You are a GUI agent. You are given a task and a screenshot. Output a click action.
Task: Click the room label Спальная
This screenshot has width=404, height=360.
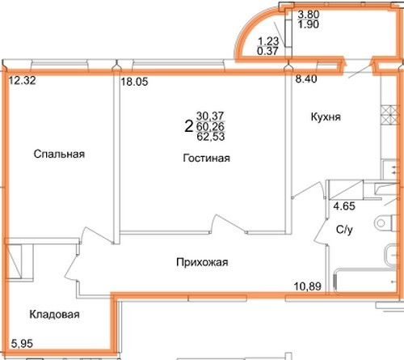coord(59,154)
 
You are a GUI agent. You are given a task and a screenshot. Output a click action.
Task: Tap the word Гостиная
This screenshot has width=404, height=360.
coord(207,158)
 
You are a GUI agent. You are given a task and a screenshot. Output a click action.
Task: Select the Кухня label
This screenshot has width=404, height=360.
coord(326,117)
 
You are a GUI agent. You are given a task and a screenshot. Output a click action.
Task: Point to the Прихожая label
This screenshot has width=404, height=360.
coord(202,262)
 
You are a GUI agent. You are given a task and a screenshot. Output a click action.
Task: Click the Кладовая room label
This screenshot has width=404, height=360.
coord(54,315)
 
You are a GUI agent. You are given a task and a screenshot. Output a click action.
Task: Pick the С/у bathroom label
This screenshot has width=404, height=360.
coord(344,230)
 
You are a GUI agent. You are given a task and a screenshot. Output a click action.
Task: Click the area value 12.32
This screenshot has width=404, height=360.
coord(23,80)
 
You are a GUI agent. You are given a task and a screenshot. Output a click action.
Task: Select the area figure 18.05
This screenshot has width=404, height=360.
coord(134,82)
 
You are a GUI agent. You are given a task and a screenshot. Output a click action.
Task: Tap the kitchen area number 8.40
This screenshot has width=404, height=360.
coord(306,79)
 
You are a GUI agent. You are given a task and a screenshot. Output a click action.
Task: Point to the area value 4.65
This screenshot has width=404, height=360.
coord(344,206)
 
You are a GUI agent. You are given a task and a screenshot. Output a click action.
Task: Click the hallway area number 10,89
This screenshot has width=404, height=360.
coord(308,286)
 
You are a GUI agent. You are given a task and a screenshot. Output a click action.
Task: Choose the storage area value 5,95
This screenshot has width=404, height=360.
coord(22,344)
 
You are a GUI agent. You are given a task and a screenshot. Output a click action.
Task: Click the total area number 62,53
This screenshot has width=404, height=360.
coord(211,137)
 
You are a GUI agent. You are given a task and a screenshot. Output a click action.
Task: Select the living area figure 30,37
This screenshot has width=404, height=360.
coord(210,116)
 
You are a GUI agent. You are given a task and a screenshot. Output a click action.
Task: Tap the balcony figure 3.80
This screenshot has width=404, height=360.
coord(309,14)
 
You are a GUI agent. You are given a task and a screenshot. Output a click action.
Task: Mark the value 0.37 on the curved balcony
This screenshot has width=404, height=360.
coord(267,51)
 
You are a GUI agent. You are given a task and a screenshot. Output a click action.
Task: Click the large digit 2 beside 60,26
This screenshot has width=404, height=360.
coord(189,126)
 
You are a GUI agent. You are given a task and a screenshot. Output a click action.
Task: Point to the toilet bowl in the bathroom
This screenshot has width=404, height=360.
coord(386,223)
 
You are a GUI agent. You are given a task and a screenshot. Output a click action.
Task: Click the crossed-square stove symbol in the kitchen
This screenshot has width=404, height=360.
coord(389,115)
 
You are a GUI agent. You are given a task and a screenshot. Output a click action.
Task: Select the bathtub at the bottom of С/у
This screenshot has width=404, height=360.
coord(365,281)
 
